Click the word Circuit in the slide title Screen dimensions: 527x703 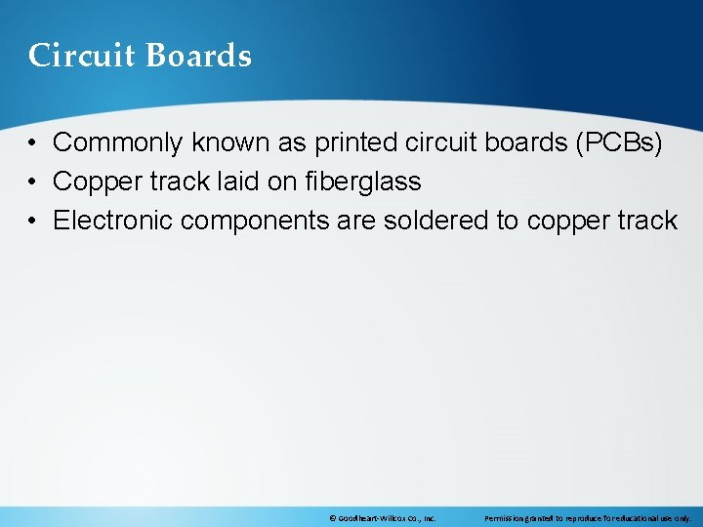point(83,56)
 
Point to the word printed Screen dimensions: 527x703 point(354,143)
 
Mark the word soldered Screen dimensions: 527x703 point(436,221)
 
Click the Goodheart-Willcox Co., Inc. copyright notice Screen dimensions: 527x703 point(382,518)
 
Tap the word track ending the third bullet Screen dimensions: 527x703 point(646,221)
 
